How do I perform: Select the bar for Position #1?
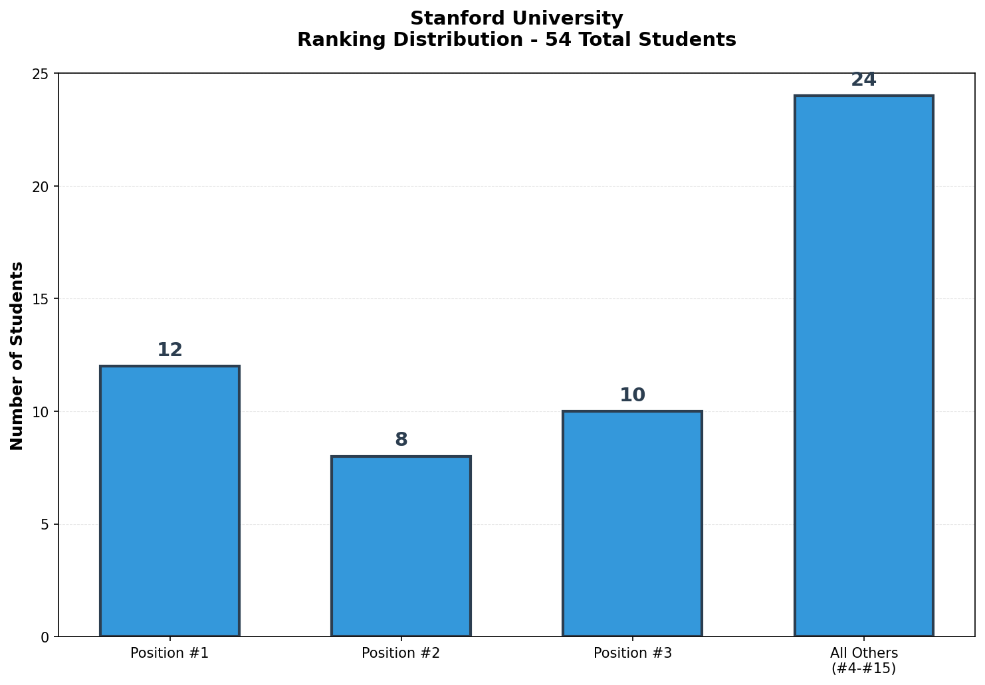click(x=169, y=501)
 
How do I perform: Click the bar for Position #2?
click(x=401, y=546)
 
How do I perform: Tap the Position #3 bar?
click(x=632, y=524)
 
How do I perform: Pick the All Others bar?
click(x=863, y=366)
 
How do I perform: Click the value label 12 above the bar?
click(x=169, y=350)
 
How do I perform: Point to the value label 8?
click(x=401, y=440)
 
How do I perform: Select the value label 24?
click(x=863, y=80)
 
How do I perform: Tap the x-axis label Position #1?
click(x=169, y=653)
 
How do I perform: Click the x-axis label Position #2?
click(x=401, y=653)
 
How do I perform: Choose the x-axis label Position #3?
click(x=632, y=653)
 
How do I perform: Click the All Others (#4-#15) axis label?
click(x=863, y=660)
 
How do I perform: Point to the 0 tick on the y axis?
click(x=46, y=637)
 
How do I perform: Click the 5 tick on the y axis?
click(x=46, y=524)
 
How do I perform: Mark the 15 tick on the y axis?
click(x=42, y=299)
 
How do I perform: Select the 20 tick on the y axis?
click(x=42, y=186)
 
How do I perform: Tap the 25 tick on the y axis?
click(x=42, y=74)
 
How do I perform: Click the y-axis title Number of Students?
click(x=17, y=355)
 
